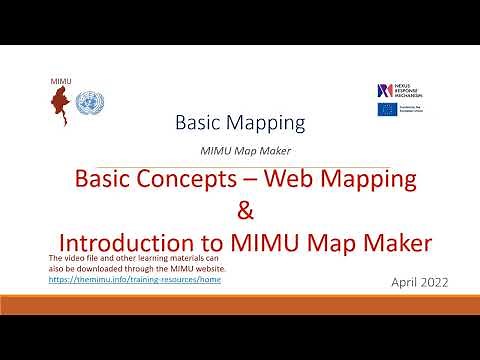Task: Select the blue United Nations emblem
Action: point(90,103)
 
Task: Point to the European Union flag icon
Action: point(387,109)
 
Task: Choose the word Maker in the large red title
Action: point(376,243)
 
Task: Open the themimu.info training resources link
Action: point(134,280)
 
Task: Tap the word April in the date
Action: point(405,283)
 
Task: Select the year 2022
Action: point(434,283)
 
